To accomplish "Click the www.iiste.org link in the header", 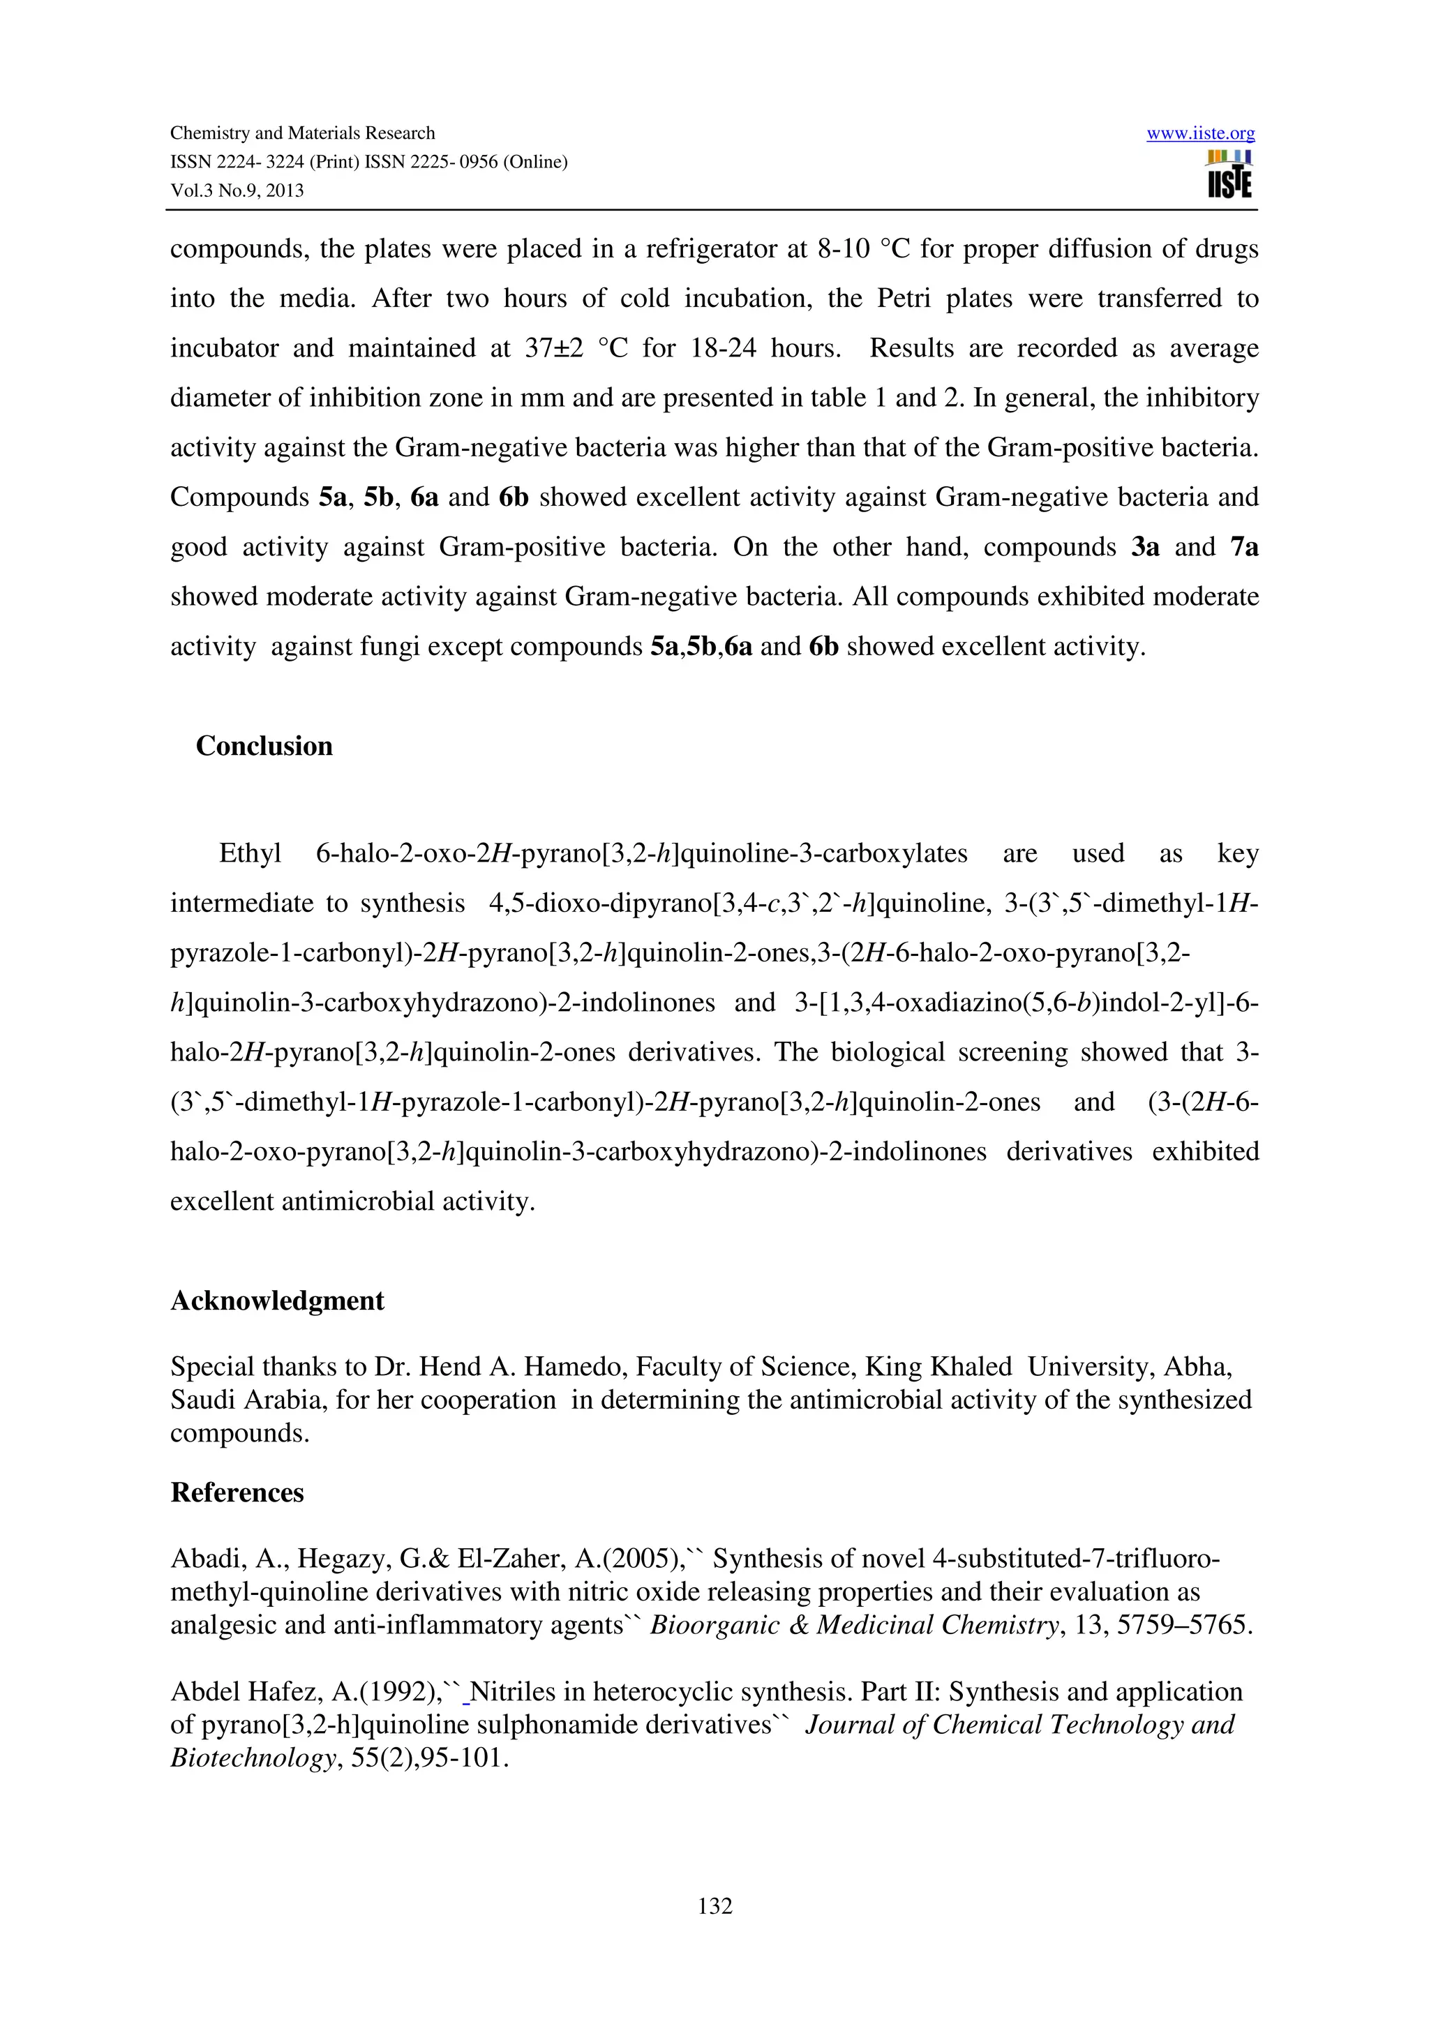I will pyautogui.click(x=1200, y=134).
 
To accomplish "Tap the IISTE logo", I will pyautogui.click(x=1229, y=174).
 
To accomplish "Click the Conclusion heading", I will pyautogui.click(x=264, y=746).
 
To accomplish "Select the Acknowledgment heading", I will pyautogui.click(x=277, y=1301).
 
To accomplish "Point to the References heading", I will pyautogui.click(x=237, y=1492).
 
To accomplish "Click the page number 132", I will pyautogui.click(x=714, y=1905).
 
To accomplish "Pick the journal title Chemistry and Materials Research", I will pyautogui.click(x=302, y=133).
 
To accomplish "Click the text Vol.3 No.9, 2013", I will pyautogui.click(x=237, y=191).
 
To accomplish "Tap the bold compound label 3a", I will pyautogui.click(x=1144, y=548).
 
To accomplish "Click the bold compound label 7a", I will pyautogui.click(x=1244, y=548).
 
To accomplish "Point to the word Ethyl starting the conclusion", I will pyautogui.click(x=250, y=853).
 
